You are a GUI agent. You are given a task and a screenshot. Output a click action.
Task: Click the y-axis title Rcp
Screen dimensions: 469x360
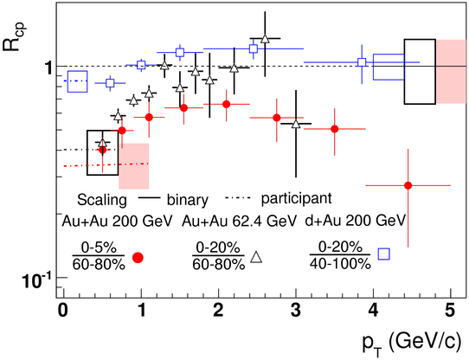click(14, 35)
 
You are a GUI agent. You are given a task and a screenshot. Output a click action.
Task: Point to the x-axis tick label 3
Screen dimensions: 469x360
click(296, 311)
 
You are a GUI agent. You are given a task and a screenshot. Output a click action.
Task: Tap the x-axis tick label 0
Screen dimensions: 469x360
click(63, 311)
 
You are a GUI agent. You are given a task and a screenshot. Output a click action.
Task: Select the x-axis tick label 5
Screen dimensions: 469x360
click(450, 311)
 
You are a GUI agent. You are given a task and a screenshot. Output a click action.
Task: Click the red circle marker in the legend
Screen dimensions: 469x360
click(138, 257)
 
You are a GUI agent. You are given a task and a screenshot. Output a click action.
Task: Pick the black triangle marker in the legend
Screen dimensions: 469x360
click(256, 257)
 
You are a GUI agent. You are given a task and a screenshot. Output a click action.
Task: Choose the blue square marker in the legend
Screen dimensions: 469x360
click(383, 254)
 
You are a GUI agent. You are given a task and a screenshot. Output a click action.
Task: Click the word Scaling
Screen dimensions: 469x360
click(102, 200)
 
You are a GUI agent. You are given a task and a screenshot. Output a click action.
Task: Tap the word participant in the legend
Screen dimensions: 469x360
click(297, 198)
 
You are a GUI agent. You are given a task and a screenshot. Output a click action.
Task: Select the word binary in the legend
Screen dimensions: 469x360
click(188, 200)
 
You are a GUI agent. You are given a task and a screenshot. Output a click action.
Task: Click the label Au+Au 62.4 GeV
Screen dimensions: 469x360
click(240, 222)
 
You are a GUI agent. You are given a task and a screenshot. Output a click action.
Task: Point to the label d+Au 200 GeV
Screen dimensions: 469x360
click(356, 221)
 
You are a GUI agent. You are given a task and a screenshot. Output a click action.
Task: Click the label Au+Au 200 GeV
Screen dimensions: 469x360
click(118, 222)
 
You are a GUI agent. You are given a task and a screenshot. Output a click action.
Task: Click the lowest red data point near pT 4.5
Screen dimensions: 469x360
click(408, 185)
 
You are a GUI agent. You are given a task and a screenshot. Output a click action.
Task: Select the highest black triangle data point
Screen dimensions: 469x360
click(265, 39)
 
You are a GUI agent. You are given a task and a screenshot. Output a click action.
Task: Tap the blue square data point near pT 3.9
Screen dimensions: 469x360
click(362, 62)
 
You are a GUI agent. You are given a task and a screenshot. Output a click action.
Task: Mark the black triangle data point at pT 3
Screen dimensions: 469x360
click(296, 124)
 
